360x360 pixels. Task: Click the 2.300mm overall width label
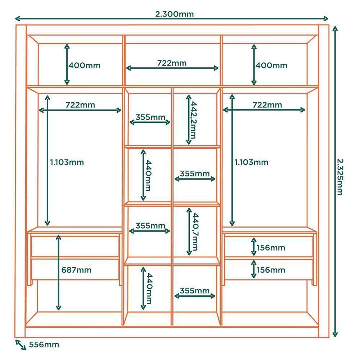click(174, 14)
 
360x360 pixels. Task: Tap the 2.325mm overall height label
click(339, 176)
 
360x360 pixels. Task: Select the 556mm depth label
click(44, 345)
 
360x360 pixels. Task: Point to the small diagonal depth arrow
click(21, 345)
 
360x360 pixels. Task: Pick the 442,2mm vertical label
click(194, 120)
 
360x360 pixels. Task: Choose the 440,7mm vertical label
click(195, 232)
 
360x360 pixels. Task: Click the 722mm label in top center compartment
click(172, 63)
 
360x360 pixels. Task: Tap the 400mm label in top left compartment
click(85, 66)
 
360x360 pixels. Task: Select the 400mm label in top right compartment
click(271, 66)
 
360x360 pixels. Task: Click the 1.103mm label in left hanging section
click(67, 162)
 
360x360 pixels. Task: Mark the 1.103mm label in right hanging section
click(251, 162)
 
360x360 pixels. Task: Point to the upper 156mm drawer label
click(271, 248)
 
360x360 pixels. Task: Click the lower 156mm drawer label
click(271, 270)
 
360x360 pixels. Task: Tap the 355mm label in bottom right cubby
click(194, 291)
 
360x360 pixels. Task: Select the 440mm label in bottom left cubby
click(148, 288)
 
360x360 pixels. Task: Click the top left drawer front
click(75, 246)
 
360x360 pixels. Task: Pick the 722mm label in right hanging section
click(267, 105)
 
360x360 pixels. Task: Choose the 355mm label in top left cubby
click(150, 117)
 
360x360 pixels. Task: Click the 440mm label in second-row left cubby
click(148, 176)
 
